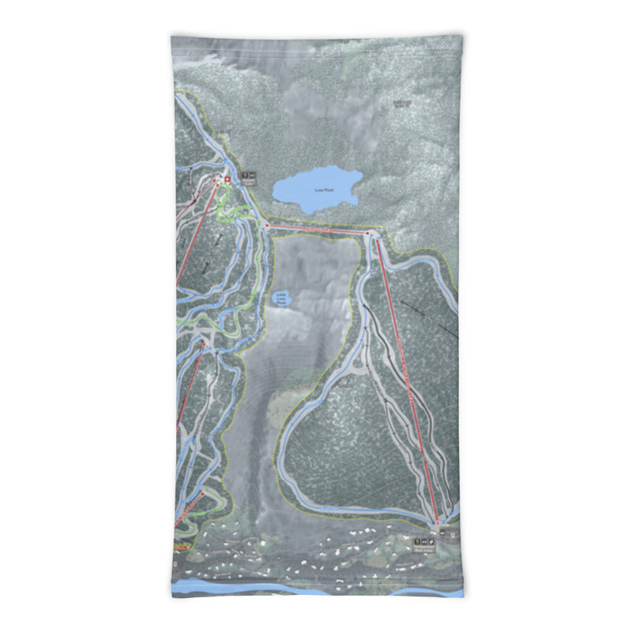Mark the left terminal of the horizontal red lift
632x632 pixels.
point(268,226)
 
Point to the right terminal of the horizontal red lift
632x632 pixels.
point(368,234)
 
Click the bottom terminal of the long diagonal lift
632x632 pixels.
point(437,522)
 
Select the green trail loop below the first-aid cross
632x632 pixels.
point(234,213)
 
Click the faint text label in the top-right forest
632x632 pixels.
point(403,102)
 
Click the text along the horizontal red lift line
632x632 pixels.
point(316,229)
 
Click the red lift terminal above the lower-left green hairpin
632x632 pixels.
point(203,494)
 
